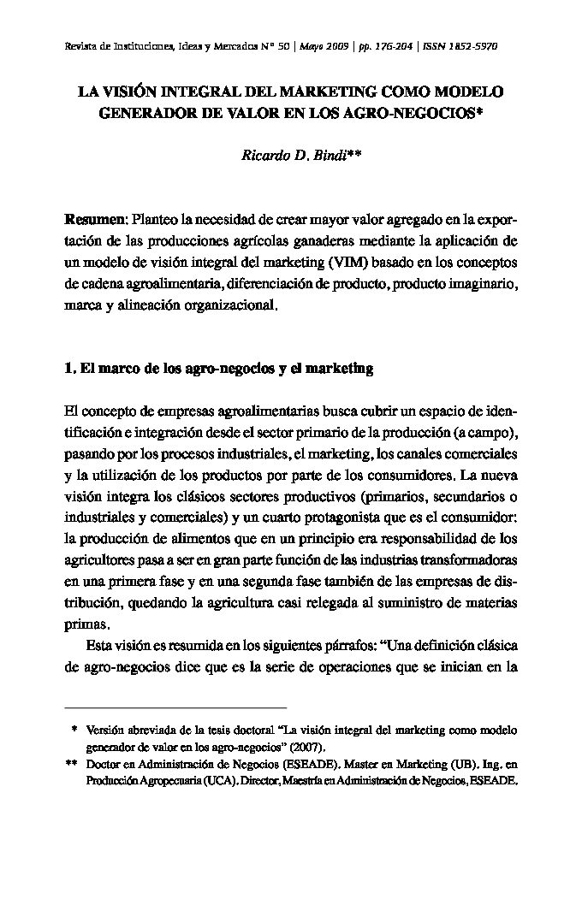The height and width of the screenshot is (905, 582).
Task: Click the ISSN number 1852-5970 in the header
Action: click(x=471, y=45)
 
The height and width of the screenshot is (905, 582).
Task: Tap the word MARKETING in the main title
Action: click(x=330, y=92)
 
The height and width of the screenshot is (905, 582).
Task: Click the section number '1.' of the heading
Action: click(x=70, y=370)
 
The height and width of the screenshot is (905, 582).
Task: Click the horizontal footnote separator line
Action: click(x=175, y=708)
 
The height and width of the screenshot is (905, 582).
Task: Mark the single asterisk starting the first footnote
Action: click(x=74, y=731)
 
